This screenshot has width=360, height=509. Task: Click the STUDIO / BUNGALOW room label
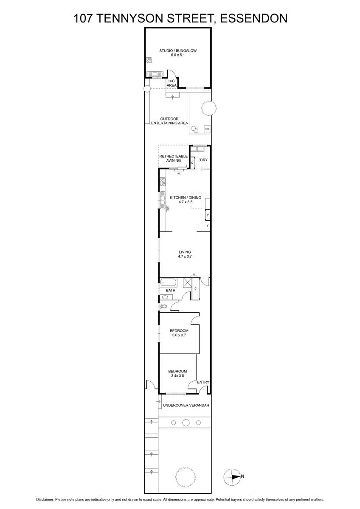[x=178, y=50]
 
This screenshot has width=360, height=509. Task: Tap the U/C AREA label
[x=172, y=83]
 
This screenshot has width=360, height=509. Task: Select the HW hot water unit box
[x=207, y=129]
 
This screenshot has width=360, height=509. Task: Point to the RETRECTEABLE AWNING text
[x=173, y=159]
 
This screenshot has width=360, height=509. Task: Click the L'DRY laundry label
[x=202, y=160]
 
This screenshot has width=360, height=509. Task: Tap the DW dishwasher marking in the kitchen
[x=169, y=208]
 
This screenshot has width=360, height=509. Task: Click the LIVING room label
[x=184, y=252]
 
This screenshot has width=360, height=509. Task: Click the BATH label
[x=171, y=291]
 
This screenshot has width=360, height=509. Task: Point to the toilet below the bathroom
[x=163, y=306]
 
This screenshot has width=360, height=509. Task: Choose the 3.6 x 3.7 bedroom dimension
[x=178, y=335]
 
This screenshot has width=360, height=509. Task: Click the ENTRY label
[x=203, y=382]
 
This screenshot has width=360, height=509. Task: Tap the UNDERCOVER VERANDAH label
[x=186, y=406]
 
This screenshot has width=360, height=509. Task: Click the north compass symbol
[x=232, y=476]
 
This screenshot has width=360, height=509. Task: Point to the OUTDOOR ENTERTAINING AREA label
[x=169, y=121]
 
